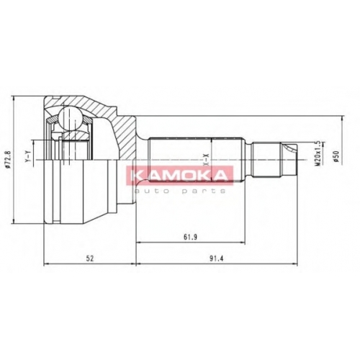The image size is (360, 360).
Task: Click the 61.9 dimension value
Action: [190, 237]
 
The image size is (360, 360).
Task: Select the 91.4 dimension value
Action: [217, 258]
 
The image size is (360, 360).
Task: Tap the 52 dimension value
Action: [90, 258]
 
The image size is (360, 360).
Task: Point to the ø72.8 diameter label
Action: [7, 159]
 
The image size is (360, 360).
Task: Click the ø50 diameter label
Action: [336, 156]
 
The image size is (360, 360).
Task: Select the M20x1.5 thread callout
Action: [318, 153]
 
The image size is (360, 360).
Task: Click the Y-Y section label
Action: [28, 156]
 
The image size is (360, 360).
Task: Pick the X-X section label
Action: [206, 160]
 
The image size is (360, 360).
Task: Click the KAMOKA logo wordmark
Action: [179, 176]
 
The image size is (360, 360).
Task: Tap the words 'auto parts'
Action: [180, 192]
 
